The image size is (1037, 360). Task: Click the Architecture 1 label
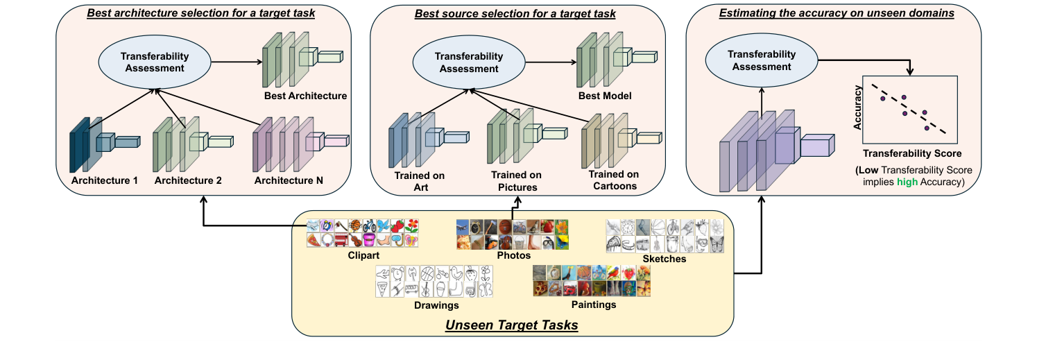pos(104,180)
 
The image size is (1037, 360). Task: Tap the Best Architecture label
pos(305,96)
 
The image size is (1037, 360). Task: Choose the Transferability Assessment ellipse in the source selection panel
pos(469,62)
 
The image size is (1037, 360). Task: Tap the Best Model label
pos(604,96)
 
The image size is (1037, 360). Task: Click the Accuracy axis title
pos(858,108)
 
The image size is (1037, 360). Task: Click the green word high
pos(905,182)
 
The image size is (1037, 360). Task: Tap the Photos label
pos(513,255)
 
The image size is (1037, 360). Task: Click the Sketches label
pos(664,259)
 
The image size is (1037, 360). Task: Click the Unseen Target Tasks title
pos(511,325)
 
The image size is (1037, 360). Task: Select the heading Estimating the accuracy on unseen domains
pos(832,13)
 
